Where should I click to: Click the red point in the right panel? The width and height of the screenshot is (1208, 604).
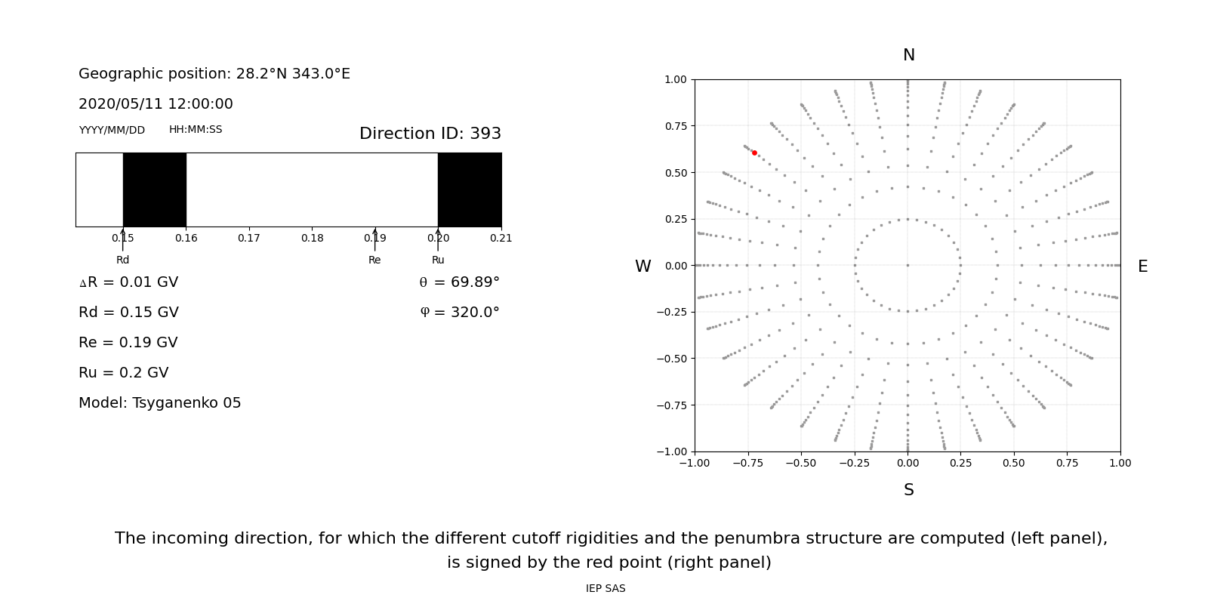coord(754,153)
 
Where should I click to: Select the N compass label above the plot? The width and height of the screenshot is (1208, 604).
coord(908,55)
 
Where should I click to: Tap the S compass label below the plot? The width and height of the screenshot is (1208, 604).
coord(908,490)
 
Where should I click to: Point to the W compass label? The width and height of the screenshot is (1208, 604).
coord(643,267)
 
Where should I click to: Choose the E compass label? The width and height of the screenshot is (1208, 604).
coord(1142,267)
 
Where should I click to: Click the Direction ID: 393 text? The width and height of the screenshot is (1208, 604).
coord(430,134)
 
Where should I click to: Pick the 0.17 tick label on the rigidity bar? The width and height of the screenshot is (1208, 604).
coord(249,238)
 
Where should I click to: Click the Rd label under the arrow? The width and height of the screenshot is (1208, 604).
coord(122,260)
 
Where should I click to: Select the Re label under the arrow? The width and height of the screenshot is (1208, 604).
coord(374,260)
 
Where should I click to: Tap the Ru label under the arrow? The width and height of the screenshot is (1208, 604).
coord(438,260)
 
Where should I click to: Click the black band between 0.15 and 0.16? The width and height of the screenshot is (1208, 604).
coord(155,190)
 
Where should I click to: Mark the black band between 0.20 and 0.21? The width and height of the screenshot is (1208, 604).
coord(470,190)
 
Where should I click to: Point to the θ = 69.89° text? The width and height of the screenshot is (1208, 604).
coord(459,282)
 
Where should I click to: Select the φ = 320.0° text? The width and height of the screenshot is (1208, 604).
coord(459,313)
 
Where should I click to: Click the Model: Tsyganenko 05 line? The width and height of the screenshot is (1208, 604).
coord(159,403)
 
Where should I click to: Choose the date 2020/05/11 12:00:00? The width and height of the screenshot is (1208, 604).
coord(156,104)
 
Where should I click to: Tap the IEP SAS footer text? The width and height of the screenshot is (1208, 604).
coord(606,588)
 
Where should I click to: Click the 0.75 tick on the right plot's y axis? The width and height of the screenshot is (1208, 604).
coord(675,126)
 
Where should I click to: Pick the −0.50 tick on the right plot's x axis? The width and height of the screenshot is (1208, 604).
coord(801,463)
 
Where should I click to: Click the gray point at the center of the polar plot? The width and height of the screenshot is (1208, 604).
coord(908,265)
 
